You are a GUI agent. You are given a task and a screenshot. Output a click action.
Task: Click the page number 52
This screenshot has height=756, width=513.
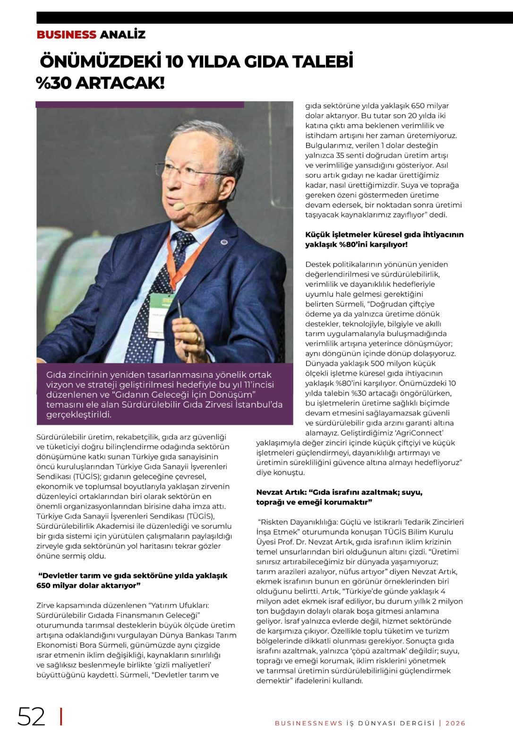[31, 716]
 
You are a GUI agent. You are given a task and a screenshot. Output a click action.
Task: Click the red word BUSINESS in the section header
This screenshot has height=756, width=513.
[66, 34]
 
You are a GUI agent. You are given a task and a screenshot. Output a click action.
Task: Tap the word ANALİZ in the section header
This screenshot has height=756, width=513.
[122, 34]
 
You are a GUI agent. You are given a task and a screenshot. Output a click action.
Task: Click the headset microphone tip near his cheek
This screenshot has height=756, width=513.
[179, 206]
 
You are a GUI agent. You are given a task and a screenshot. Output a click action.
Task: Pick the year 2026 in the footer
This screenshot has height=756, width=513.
[455, 723]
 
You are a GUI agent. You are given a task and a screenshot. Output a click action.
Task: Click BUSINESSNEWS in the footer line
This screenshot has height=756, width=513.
[309, 723]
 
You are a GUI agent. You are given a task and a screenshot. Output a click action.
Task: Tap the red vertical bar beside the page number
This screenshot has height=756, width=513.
[61, 716]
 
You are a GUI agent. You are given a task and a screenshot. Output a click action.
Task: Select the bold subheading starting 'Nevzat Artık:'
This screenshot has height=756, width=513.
[339, 497]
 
